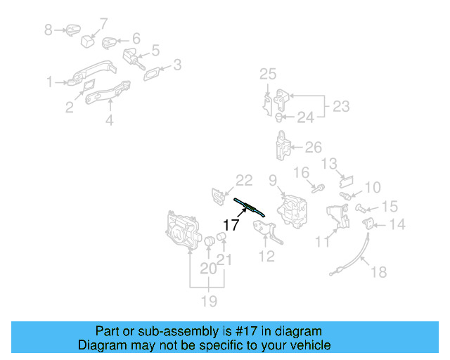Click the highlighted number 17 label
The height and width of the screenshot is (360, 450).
tap(231, 225)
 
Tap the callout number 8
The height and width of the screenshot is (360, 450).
tap(49, 30)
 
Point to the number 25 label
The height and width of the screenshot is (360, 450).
tap(269, 74)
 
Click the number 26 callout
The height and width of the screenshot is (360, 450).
tap(314, 147)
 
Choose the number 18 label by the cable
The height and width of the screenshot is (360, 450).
tap(378, 272)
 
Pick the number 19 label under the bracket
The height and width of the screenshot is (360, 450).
tap(208, 301)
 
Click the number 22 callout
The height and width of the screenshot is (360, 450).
tap(243, 181)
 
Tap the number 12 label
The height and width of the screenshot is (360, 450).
tap(267, 257)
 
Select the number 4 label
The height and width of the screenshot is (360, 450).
tap(110, 120)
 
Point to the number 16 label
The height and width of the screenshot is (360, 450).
tap(300, 172)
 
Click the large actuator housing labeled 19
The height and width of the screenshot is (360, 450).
tap(181, 230)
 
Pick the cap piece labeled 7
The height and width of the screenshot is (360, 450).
tap(88, 39)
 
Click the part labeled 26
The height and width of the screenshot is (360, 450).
tap(283, 145)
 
